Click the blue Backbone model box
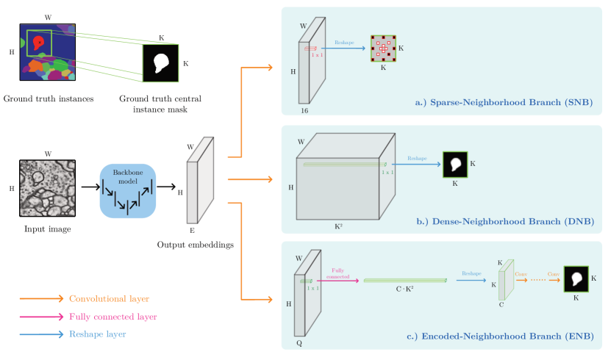(128, 190)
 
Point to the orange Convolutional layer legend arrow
(41, 299)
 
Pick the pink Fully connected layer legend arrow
(41, 317)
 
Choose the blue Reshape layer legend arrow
(41, 334)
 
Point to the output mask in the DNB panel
(454, 164)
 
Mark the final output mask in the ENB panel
(576, 279)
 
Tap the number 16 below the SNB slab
(304, 110)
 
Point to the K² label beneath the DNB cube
(338, 226)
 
